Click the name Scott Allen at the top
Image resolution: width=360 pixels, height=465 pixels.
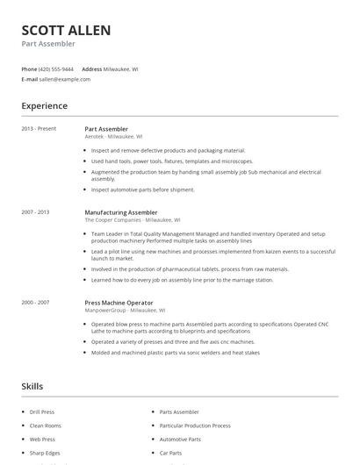(66, 31)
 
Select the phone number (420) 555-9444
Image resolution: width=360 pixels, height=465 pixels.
(57, 68)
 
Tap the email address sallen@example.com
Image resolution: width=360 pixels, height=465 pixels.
(65, 79)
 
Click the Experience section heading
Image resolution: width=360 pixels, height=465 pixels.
(44, 106)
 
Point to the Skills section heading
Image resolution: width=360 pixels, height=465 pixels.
(32, 386)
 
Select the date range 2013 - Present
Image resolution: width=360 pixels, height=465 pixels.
(39, 129)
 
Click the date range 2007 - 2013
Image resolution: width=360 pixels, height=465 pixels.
(35, 212)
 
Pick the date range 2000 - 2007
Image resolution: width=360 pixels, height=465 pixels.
(35, 302)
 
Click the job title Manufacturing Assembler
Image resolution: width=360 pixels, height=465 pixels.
(121, 212)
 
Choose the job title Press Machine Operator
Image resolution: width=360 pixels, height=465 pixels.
(119, 302)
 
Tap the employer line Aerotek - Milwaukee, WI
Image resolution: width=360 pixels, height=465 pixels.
(113, 137)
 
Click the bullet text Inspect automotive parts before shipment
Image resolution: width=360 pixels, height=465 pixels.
(142, 190)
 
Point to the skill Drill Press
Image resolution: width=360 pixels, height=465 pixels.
(42, 411)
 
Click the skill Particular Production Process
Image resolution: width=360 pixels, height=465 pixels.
(195, 426)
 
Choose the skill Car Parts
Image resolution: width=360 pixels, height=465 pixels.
(170, 453)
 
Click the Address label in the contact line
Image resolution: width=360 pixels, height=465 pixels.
(91, 68)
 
